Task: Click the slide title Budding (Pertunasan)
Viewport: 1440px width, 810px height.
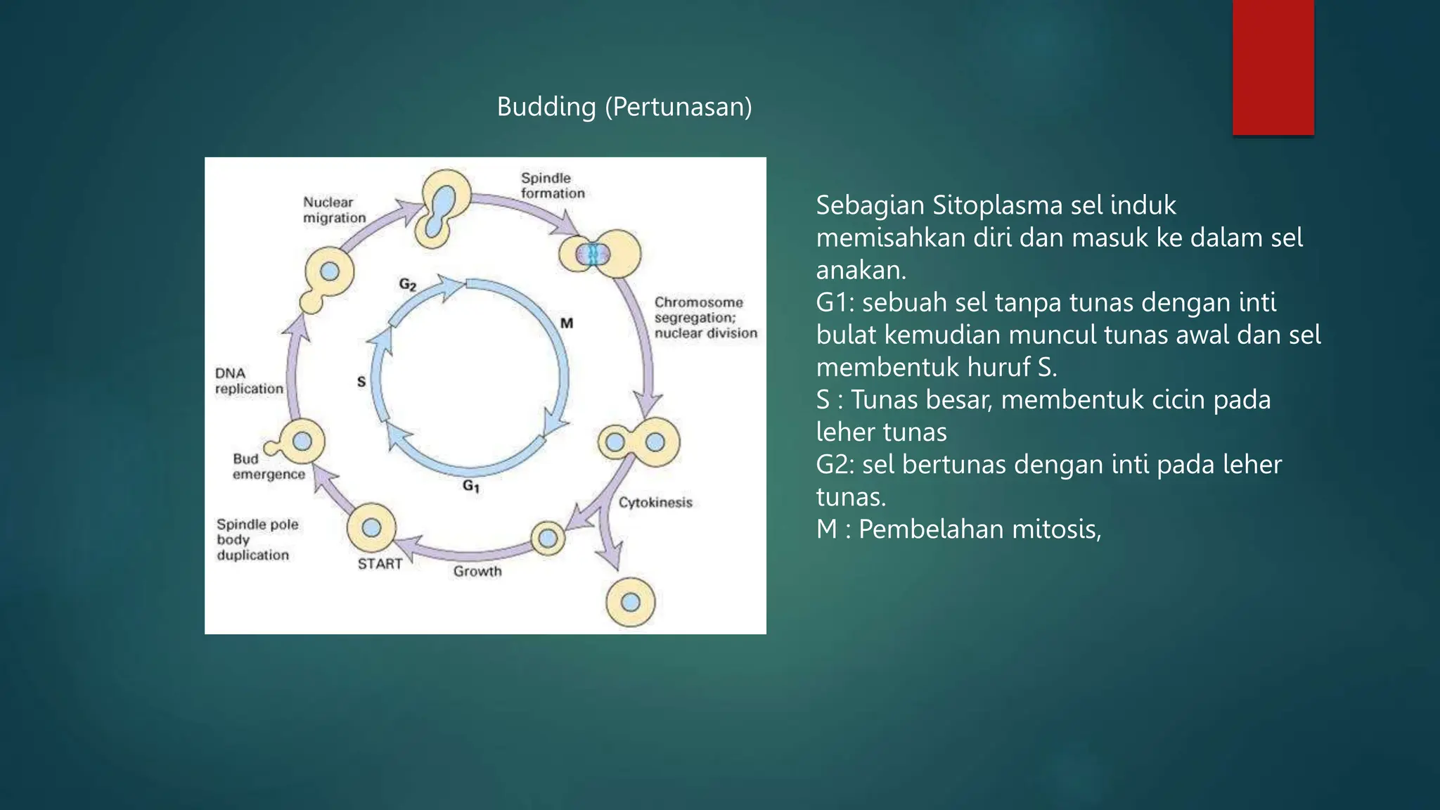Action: pyautogui.click(x=624, y=107)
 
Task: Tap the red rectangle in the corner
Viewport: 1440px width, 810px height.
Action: pyautogui.click(x=1273, y=67)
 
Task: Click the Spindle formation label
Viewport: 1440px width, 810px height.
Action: pyautogui.click(x=552, y=186)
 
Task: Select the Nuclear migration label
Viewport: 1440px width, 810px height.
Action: pyautogui.click(x=334, y=210)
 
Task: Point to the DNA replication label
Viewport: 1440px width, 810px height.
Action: pyautogui.click(x=248, y=380)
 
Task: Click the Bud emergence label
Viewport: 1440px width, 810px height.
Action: pyautogui.click(x=268, y=466)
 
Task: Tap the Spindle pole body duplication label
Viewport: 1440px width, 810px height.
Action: pyautogui.click(x=257, y=539)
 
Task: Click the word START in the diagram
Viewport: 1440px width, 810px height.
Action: pyautogui.click(x=380, y=564)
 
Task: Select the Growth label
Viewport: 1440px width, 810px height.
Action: pyautogui.click(x=477, y=571)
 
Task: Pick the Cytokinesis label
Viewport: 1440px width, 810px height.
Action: pyautogui.click(x=655, y=502)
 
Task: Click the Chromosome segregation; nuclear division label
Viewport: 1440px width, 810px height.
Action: pyautogui.click(x=705, y=317)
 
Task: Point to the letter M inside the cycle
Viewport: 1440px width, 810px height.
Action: pyautogui.click(x=567, y=323)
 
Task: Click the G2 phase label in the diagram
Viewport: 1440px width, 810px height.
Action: pyautogui.click(x=408, y=284)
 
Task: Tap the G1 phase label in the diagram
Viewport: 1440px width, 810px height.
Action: pyautogui.click(x=471, y=486)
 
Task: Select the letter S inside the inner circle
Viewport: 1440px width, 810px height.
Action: pyautogui.click(x=361, y=381)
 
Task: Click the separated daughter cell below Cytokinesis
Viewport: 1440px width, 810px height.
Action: pyautogui.click(x=631, y=603)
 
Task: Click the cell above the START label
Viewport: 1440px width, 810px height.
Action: pyautogui.click(x=371, y=527)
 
